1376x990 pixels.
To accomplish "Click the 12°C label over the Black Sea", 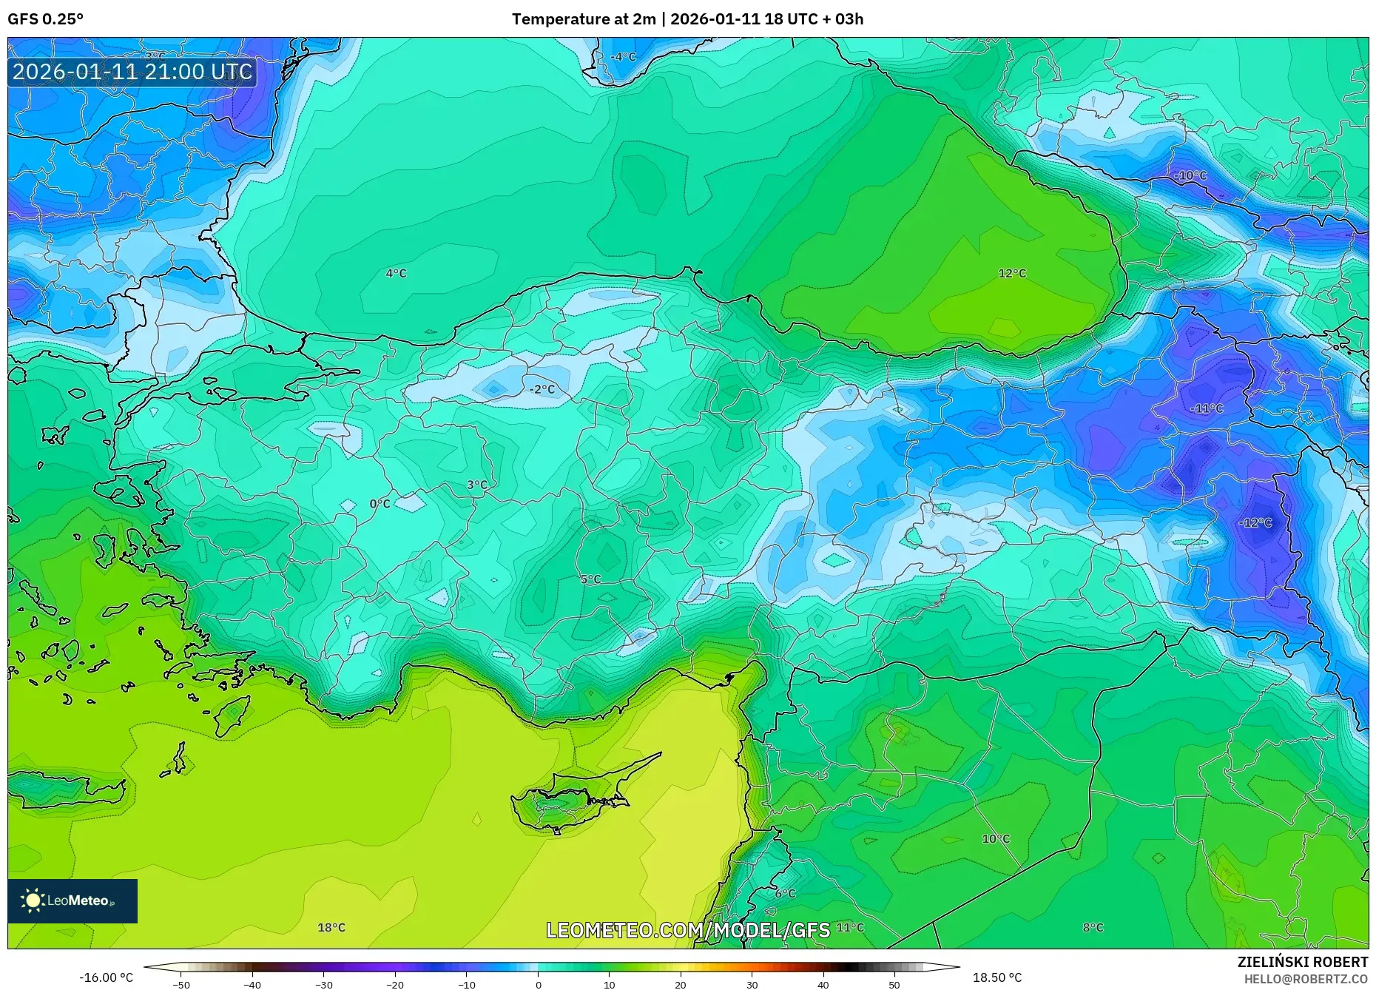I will [1012, 274].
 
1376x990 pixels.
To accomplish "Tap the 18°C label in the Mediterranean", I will [331, 928].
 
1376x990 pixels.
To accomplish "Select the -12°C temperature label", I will [1255, 523].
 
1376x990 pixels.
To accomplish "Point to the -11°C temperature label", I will [1207, 408].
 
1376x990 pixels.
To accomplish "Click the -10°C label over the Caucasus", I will [1190, 176].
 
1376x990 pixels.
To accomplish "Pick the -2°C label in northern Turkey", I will [542, 389].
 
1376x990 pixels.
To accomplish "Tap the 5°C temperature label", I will [590, 579].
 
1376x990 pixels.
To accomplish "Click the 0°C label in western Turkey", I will [380, 504].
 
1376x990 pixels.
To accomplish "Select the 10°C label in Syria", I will [996, 839].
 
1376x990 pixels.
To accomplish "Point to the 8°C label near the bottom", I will [1093, 928].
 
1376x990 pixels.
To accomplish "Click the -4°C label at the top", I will [623, 57].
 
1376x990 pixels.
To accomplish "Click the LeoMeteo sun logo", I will [33, 900].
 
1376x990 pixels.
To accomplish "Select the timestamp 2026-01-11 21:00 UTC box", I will [132, 73].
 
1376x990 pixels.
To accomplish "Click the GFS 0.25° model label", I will [46, 19].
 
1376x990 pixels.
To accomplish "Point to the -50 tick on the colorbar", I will [181, 985].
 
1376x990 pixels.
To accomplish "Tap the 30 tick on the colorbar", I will [752, 985].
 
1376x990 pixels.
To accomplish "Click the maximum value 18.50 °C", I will [996, 978].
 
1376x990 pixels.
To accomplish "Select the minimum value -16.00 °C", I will [107, 978].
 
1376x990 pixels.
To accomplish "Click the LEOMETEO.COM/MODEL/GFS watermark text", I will [688, 930].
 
